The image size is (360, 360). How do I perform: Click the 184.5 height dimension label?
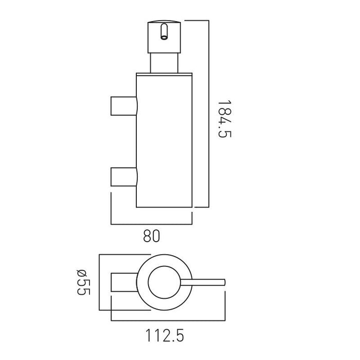[224, 119]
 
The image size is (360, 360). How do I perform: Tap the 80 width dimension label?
[152, 236]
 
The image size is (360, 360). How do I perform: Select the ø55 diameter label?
[83, 282]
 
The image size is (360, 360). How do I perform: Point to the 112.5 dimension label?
[165, 336]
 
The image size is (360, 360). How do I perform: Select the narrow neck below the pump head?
[164, 63]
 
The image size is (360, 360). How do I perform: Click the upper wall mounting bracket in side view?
[124, 106]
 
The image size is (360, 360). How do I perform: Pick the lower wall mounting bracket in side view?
[124, 177]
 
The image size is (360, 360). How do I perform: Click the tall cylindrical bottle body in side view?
[164, 141]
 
